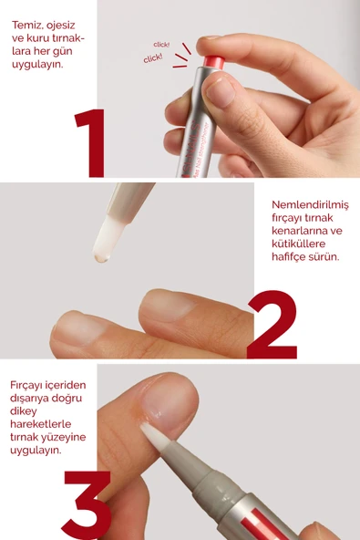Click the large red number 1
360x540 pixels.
click(x=91, y=143)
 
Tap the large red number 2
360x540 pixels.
click(x=273, y=325)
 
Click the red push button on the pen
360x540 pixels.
click(x=214, y=62)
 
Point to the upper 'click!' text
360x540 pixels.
click(x=161, y=45)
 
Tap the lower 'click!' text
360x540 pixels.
click(x=153, y=58)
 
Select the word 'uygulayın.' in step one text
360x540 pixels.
click(x=37, y=65)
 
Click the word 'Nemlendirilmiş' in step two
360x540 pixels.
click(x=310, y=205)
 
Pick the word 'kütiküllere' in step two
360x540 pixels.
click(x=298, y=244)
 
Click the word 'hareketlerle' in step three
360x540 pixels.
click(x=41, y=424)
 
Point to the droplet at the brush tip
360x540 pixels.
click(x=102, y=256)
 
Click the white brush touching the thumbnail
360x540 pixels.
click(x=153, y=436)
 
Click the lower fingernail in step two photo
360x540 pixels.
click(x=79, y=327)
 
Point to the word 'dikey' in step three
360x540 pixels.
click(x=24, y=411)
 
